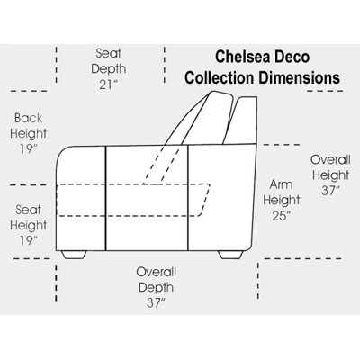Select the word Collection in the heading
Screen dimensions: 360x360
[x=220, y=77]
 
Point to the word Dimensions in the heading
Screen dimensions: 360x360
[x=299, y=77]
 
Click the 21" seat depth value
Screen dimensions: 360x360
[x=108, y=85]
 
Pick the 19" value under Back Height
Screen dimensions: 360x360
[x=29, y=148]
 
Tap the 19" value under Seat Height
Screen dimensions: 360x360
[x=29, y=240]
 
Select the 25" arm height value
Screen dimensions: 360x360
[x=282, y=216]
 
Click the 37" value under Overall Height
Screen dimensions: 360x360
[x=330, y=191]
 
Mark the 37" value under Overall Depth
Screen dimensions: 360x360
[x=156, y=303]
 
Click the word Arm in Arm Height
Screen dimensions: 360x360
[x=281, y=184]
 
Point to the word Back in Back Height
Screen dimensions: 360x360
[x=29, y=118]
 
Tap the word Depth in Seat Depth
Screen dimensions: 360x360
[x=108, y=69]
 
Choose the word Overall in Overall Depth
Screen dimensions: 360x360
[x=157, y=272]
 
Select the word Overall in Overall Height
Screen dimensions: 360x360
[x=330, y=159]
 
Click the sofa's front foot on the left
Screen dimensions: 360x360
[x=74, y=255]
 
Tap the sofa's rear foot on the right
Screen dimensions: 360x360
[x=230, y=255]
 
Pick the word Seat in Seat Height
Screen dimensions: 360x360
[x=28, y=210]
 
